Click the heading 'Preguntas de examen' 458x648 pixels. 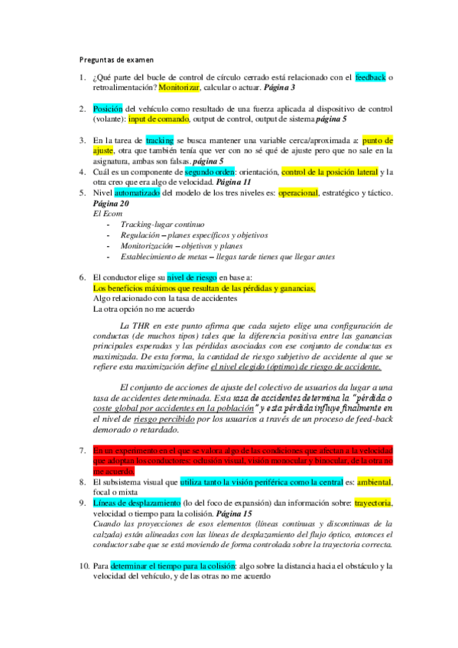[x=117, y=58]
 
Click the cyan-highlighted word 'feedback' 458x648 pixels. [x=371, y=77]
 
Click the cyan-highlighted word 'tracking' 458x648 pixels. [x=160, y=141]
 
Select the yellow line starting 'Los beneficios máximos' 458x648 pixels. [x=203, y=289]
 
